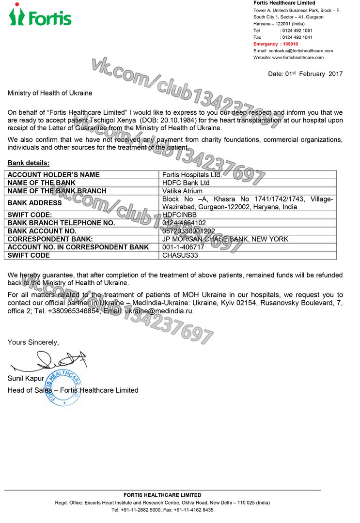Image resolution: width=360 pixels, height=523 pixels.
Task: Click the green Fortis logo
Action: tap(40, 16)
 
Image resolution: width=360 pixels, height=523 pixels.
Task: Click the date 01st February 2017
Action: tap(305, 74)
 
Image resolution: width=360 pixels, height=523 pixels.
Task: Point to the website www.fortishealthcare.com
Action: tap(297, 58)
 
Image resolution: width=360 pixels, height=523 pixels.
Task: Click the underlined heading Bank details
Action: tap(29, 163)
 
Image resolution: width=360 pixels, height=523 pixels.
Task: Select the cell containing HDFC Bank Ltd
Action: tap(186, 183)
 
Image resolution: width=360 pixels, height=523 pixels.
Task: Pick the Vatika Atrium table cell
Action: tap(183, 191)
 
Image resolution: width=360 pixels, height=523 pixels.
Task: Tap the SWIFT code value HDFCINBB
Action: tap(180, 215)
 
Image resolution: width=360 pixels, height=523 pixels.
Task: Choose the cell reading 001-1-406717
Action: tap(184, 247)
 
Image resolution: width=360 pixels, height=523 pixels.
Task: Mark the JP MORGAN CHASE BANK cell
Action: tap(225, 239)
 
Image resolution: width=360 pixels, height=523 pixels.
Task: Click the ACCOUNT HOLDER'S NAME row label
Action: tap(54, 175)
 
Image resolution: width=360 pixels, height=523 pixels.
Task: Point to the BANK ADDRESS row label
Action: tap(35, 203)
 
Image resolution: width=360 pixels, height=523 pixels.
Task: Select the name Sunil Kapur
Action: tap(26, 378)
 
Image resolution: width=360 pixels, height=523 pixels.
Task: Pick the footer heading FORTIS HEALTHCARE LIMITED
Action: tap(162, 495)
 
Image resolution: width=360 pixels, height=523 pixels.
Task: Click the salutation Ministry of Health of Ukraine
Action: tap(50, 92)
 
